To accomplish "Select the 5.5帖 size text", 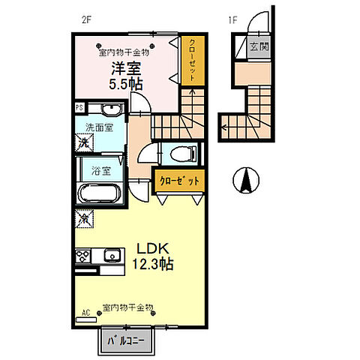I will point(125,84).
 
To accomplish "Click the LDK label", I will point(150,247).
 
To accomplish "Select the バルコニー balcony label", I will point(126,340).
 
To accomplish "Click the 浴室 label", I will point(93,171).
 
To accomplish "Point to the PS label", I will point(79,108).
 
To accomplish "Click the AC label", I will point(85,312).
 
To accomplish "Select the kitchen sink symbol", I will point(113,255).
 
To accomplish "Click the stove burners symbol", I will point(82,255).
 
